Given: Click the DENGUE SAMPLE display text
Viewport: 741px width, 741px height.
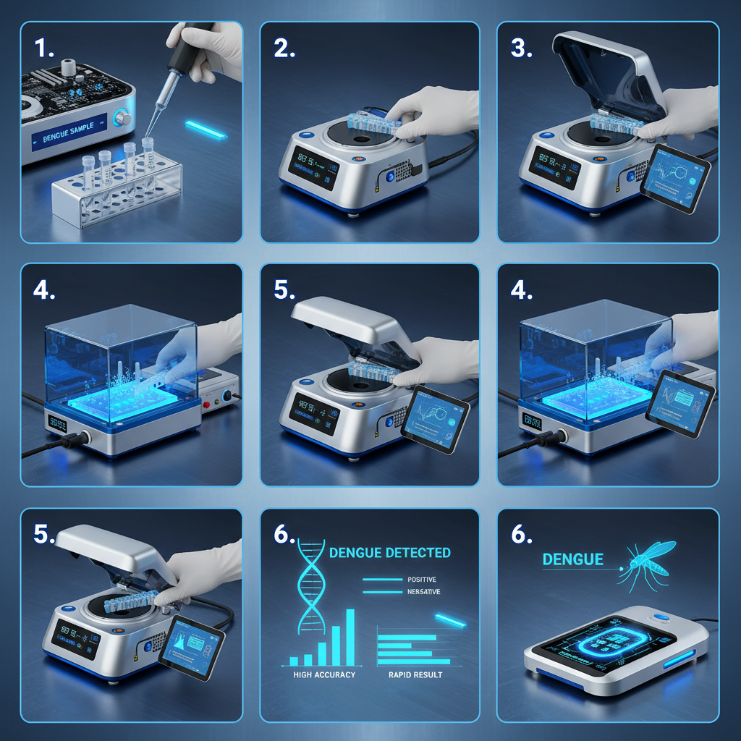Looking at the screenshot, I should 73,135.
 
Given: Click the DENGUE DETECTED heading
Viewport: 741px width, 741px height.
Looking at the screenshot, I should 389,553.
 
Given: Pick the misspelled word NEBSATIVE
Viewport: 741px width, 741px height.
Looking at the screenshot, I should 425,593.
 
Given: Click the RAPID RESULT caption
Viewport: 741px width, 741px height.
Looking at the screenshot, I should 410,674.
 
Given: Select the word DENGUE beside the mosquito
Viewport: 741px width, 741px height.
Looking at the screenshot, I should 572,559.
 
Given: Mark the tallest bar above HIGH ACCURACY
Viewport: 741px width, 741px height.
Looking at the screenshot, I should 350,636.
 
